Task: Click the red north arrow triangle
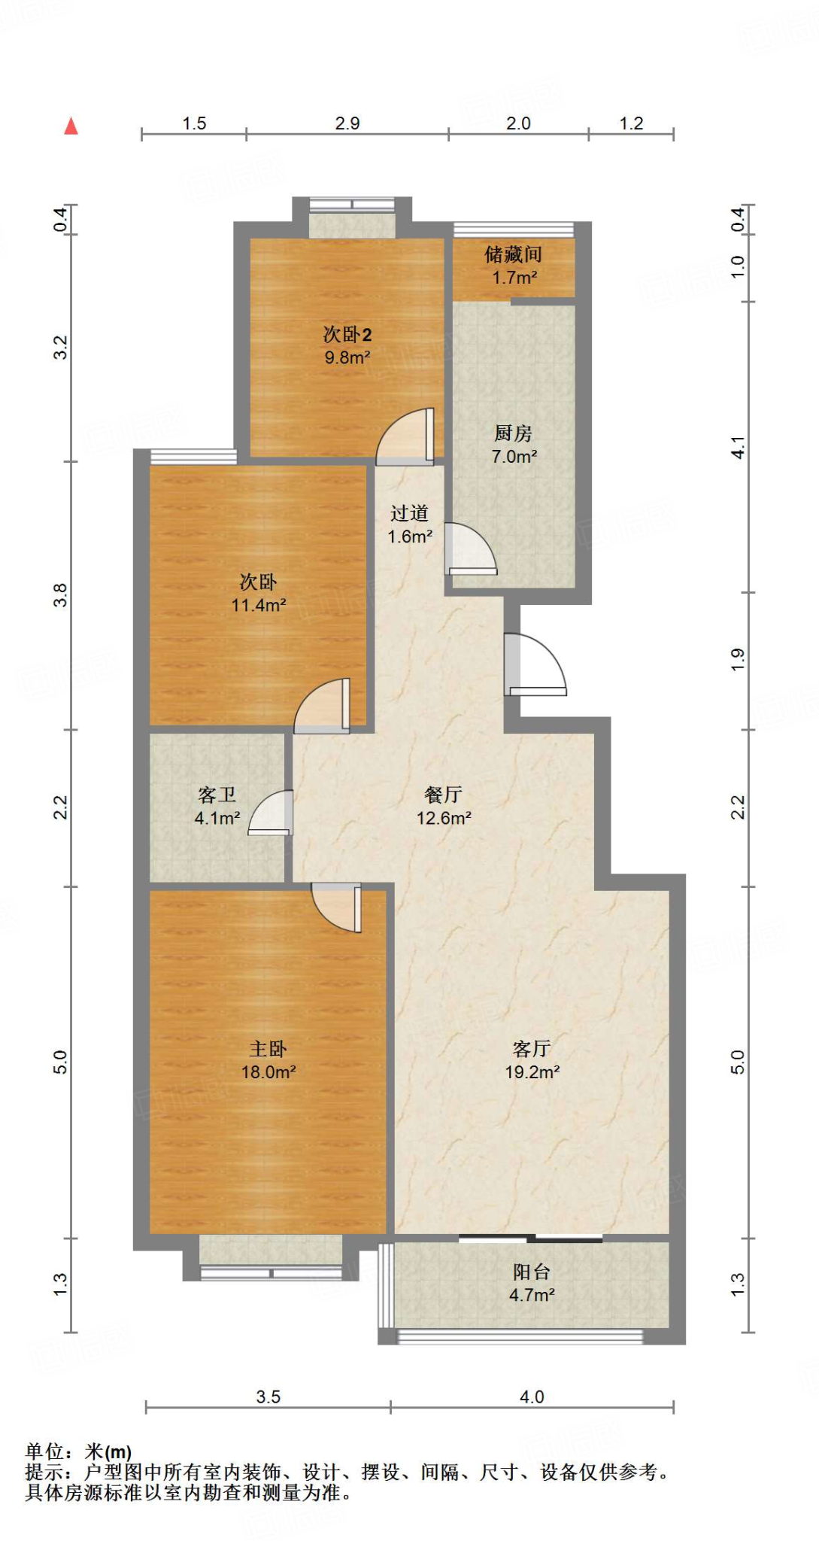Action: pyautogui.click(x=71, y=126)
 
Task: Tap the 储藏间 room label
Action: pyautogui.click(x=513, y=254)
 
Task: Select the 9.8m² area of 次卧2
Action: pyautogui.click(x=347, y=357)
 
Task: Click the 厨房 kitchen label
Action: pyautogui.click(x=514, y=433)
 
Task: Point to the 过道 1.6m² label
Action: pyautogui.click(x=410, y=524)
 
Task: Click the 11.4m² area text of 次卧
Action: pyautogui.click(x=259, y=605)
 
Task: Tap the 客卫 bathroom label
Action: pyautogui.click(x=217, y=795)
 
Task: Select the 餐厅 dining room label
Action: pyautogui.click(x=444, y=795)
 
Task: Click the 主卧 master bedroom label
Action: pyautogui.click(x=268, y=1048)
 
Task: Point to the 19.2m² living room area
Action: pyautogui.click(x=532, y=1072)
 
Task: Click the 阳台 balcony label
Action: pyautogui.click(x=532, y=1272)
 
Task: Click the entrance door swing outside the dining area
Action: pyautogui.click(x=535, y=665)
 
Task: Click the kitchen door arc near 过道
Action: pyautogui.click(x=471, y=549)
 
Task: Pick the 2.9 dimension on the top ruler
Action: pyautogui.click(x=347, y=123)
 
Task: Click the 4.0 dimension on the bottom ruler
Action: pyautogui.click(x=532, y=1397)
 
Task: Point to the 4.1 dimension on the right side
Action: pyautogui.click(x=739, y=448)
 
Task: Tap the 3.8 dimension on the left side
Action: pyautogui.click(x=60, y=595)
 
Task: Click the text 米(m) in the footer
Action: pyautogui.click(x=108, y=1451)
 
